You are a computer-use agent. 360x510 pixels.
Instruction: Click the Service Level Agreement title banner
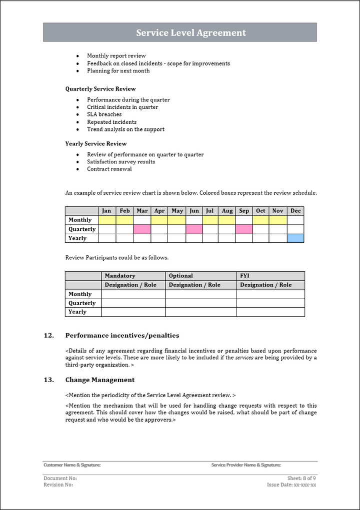[x=180, y=32]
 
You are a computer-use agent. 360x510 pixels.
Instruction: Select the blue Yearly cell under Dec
[x=295, y=238]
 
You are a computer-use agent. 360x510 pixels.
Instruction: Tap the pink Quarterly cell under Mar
[x=142, y=229]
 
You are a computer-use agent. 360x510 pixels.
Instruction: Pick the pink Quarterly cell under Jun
[x=194, y=229]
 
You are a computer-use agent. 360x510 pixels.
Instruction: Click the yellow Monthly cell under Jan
[x=107, y=220]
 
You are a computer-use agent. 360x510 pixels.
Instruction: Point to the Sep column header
[x=244, y=211]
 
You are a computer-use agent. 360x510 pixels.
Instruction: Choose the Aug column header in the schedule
[x=227, y=211]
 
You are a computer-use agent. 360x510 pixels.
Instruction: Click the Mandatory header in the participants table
[x=120, y=276]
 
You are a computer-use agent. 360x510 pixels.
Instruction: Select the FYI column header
[x=245, y=276]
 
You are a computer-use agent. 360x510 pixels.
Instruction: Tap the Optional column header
[x=180, y=276]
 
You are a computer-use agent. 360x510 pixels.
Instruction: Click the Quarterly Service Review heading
[x=100, y=89]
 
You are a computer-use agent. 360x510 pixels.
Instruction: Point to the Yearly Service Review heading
[x=96, y=144]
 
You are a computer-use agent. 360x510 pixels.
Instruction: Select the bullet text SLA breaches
[x=104, y=114]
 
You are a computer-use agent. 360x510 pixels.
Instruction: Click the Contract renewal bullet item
[x=109, y=169]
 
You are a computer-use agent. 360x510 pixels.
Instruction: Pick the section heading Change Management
[x=100, y=380]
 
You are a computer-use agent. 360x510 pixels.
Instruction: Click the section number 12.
[x=48, y=336]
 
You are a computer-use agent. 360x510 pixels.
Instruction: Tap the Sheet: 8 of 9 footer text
[x=301, y=479]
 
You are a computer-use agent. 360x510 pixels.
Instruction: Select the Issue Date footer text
[x=291, y=485]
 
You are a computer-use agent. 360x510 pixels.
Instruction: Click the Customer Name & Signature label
[x=72, y=465]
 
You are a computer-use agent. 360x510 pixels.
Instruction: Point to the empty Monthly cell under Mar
[x=142, y=220]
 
